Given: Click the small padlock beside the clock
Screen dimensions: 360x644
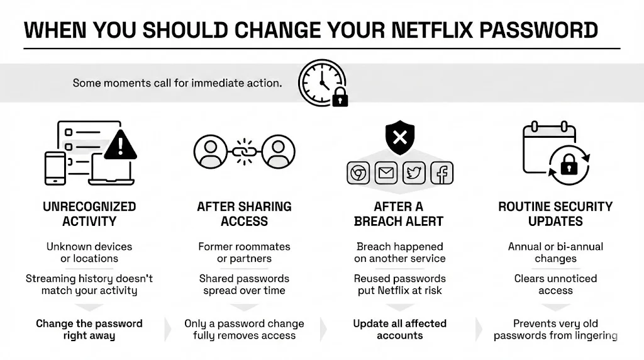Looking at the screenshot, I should (340, 98).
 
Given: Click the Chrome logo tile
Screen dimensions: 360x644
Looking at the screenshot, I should (358, 173).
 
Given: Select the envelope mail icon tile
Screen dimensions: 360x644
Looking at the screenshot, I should (386, 173).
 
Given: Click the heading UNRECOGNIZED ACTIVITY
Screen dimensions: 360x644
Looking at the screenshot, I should (89, 214).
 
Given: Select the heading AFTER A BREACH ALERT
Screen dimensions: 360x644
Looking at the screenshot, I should (399, 214).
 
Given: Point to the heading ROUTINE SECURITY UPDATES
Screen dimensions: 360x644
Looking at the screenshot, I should (555, 214).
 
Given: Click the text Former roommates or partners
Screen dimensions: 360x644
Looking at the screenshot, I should (244, 252).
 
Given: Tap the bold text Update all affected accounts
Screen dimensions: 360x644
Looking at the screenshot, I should (399, 329).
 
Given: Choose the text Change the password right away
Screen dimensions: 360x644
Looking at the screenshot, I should (89, 329).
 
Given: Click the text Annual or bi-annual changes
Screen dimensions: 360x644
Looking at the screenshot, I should (555, 252).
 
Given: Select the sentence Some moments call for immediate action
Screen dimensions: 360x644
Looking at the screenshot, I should (177, 82).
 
